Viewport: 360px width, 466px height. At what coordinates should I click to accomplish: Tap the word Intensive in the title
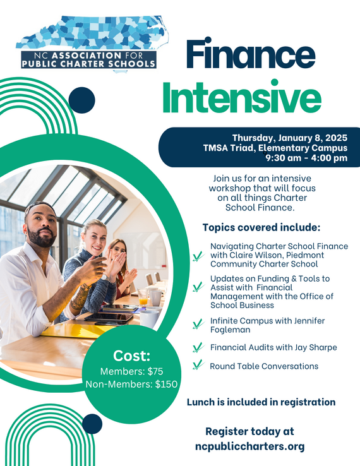point(241,99)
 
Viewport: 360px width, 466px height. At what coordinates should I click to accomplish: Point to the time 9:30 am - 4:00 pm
point(306,158)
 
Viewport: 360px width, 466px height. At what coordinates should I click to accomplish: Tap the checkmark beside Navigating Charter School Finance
point(198,256)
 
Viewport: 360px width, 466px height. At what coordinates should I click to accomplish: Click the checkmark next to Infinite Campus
point(198,325)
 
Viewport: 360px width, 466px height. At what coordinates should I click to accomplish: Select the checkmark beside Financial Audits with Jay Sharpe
point(198,347)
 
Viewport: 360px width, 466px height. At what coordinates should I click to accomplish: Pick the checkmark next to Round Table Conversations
point(198,364)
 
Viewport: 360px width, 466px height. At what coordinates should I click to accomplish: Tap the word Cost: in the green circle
point(131,355)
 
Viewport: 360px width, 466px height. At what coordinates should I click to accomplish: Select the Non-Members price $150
point(164,383)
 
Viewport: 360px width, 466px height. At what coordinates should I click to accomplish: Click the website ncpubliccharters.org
point(249,446)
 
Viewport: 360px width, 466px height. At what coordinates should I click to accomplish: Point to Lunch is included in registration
point(261,402)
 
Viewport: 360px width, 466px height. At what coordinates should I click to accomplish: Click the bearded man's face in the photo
point(42,227)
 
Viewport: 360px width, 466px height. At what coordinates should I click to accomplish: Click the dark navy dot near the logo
point(81,100)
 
